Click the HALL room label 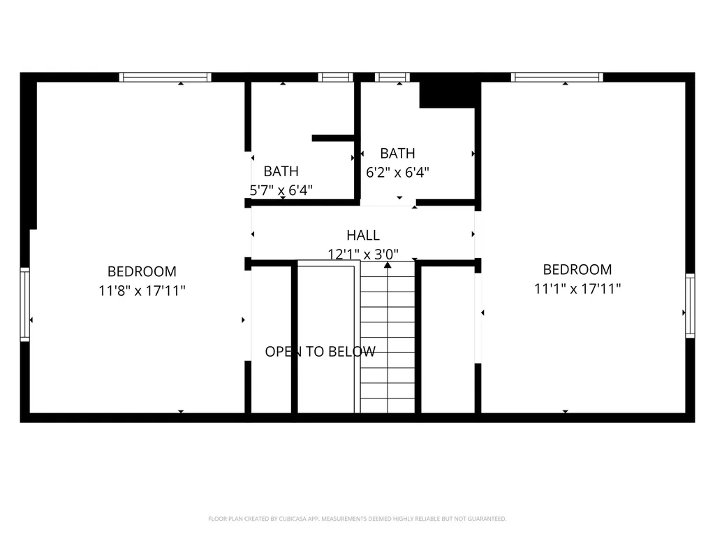coord(363,235)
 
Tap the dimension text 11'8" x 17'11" coord(142,290)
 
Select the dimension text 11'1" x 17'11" coord(577,289)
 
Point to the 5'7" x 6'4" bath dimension coord(281,190)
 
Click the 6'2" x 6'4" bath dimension coord(397,173)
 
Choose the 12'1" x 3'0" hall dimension coord(363,254)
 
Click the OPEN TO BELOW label coord(320,352)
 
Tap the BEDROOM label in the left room coord(142,272)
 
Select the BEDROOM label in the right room coord(577,269)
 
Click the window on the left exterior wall coord(24,304)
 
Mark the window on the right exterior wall coord(691,306)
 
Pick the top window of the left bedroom coord(165,77)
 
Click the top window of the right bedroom coord(556,77)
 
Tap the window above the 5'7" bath coord(336,77)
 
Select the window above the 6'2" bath coord(392,77)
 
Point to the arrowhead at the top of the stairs coord(388,265)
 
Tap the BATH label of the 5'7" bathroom coord(281,171)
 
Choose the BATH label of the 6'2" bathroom coord(397,153)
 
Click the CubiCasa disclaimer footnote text coord(357,519)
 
